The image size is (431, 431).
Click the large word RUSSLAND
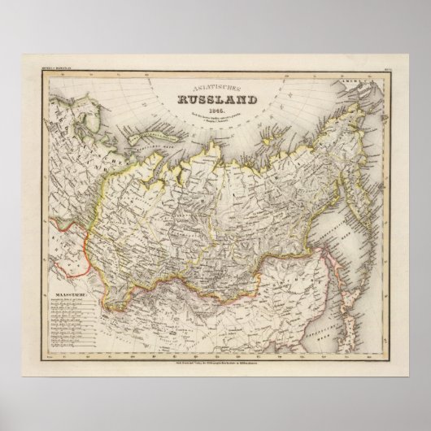coord(214,102)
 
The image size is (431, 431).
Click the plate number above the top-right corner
coord(380,76)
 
